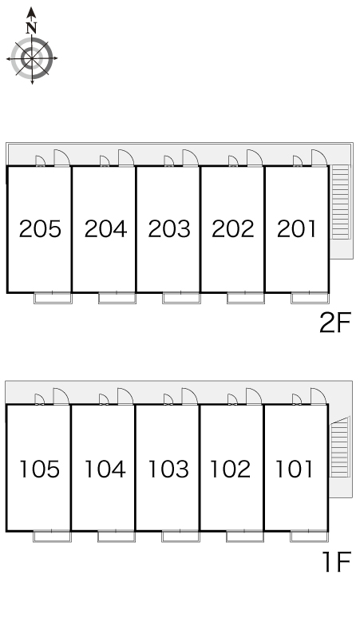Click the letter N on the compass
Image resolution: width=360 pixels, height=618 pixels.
[31, 28]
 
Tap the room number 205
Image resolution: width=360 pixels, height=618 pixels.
[40, 229]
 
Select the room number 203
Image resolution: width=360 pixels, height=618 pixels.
[169, 229]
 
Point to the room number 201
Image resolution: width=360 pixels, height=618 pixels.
[297, 229]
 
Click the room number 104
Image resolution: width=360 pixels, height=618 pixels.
[105, 469]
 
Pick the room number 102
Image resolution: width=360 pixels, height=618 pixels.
[231, 469]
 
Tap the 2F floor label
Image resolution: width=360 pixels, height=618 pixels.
[334, 323]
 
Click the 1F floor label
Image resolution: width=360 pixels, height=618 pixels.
[336, 561]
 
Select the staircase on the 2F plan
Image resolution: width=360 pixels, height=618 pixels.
[340, 202]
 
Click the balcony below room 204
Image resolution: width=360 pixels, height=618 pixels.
[117, 298]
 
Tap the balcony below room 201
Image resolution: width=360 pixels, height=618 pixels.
[310, 298]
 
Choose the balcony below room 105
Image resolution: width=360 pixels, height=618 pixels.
[52, 537]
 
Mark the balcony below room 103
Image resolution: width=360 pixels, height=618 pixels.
[180, 537]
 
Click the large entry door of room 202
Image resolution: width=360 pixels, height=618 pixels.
[255, 157]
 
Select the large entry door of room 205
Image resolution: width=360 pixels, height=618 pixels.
[61, 157]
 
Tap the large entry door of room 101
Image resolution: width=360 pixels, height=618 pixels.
[318, 396]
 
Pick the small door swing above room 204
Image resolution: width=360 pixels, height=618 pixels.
[105, 160]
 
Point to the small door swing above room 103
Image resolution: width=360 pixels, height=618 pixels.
[168, 399]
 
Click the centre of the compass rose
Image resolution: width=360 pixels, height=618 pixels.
[31, 58]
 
